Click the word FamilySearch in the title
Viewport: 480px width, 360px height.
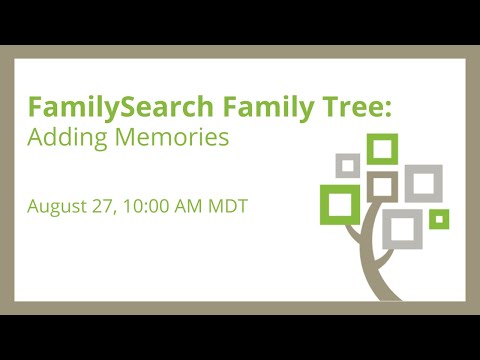pyautogui.click(x=99, y=106)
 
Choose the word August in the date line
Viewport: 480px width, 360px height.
pyautogui.click(x=61, y=208)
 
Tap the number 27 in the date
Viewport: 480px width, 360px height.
pyautogui.click(x=113, y=208)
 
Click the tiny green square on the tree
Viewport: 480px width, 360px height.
pyautogui.click(x=438, y=218)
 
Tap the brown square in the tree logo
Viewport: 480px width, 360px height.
pyautogui.click(x=382, y=185)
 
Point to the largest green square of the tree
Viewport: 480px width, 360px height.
pyautogui.click(x=340, y=203)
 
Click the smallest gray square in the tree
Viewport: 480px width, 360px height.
pyautogui.click(x=348, y=164)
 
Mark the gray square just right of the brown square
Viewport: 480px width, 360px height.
pyautogui.click(x=422, y=182)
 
